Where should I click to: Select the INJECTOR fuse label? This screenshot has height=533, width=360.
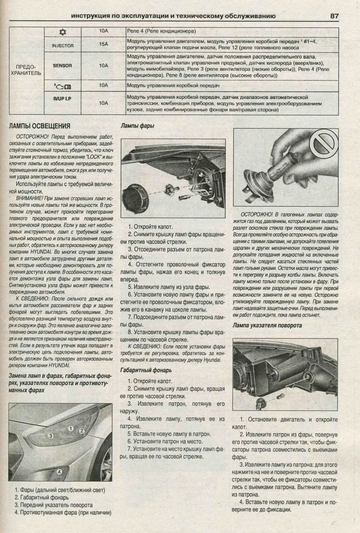tap(63, 46)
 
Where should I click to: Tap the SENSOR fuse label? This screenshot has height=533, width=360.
tap(62, 66)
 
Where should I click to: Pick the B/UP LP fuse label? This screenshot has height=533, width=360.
tap(62, 98)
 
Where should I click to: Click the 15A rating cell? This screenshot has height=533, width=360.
tap(104, 44)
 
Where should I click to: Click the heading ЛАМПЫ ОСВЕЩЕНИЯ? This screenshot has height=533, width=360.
tap(40, 126)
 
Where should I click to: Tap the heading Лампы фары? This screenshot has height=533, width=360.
tap(138, 126)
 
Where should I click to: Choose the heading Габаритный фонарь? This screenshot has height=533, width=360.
tap(146, 370)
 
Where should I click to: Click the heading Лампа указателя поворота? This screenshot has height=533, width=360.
tap(267, 325)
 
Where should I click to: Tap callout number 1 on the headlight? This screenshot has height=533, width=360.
tap(71, 428)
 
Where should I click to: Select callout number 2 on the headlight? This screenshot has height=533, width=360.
tap(82, 431)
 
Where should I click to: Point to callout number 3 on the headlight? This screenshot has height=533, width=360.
tap(51, 435)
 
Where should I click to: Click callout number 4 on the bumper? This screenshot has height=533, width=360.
tap(60, 471)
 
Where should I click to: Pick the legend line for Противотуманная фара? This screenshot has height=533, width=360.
tap(63, 512)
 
